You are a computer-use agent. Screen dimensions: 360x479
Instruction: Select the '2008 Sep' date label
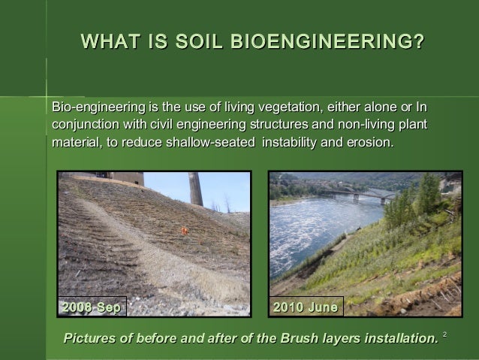[x=92, y=307]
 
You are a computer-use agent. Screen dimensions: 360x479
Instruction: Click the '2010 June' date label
[x=306, y=307]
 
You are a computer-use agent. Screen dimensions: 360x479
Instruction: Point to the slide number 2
[x=444, y=333]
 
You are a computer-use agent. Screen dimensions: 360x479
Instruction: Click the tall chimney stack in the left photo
[x=195, y=189]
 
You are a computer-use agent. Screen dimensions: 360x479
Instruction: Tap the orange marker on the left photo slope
[x=184, y=231]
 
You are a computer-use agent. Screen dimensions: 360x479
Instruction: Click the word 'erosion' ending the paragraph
[x=369, y=141]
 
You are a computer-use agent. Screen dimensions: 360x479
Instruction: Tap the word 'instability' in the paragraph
[x=289, y=141]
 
